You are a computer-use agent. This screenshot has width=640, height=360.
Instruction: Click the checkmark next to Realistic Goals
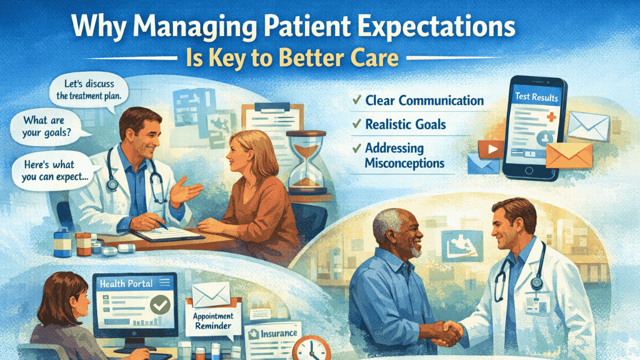point(357,123)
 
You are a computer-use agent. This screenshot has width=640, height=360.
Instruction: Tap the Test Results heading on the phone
point(536,97)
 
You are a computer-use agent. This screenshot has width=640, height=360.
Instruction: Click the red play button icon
point(491,149)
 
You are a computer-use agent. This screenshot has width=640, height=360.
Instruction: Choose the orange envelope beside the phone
point(569,155)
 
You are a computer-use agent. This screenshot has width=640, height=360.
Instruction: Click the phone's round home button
point(529,170)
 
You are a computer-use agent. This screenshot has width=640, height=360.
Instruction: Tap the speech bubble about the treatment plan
point(89,89)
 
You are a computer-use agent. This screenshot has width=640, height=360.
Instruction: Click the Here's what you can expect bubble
point(54,171)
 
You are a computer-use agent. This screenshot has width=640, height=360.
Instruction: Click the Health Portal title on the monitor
point(126,283)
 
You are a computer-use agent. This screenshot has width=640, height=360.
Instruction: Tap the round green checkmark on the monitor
point(160,304)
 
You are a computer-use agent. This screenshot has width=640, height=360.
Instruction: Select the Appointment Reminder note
point(213,317)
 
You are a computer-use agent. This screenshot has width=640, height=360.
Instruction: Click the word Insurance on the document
point(279,333)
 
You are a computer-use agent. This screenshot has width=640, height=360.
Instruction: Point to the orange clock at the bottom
point(311,348)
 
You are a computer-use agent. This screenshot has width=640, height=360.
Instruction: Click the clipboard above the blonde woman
point(273,120)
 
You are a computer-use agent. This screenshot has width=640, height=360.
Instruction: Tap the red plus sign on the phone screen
point(551,117)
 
